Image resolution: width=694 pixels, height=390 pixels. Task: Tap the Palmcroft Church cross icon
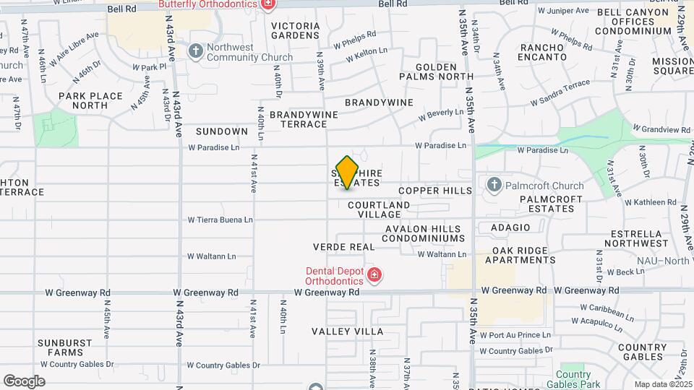[494, 184]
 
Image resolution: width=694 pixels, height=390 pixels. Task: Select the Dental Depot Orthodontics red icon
[374, 274]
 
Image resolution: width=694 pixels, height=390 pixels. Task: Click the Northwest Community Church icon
[195, 51]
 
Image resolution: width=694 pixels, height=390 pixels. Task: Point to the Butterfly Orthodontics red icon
[268, 4]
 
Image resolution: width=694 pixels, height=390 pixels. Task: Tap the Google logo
[24, 381]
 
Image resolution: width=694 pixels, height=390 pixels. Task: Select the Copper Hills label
[434, 191]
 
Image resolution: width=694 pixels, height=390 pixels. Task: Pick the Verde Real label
[343, 247]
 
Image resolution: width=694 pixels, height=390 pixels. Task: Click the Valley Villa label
[348, 331]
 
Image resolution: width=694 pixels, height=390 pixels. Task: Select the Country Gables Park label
[573, 380]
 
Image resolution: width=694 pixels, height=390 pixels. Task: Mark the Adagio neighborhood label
[510, 227]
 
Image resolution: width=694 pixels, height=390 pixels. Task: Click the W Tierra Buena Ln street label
[220, 220]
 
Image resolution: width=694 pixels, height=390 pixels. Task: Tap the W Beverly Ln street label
[441, 114]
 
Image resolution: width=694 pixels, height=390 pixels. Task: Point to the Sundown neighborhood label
[222, 131]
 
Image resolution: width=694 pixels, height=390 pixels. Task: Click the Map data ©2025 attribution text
[662, 384]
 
